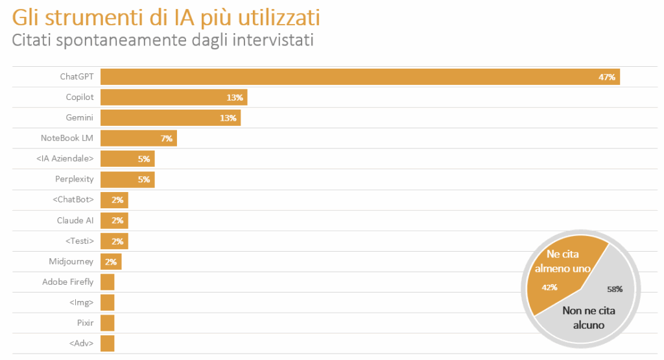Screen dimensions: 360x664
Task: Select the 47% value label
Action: pyautogui.click(x=607, y=77)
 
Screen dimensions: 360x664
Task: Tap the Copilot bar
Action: pyautogui.click(x=174, y=97)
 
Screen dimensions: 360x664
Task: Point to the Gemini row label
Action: pyautogui.click(x=80, y=118)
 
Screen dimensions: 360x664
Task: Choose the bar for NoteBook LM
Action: pyautogui.click(x=138, y=138)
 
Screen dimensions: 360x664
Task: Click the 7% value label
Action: pyautogui.click(x=167, y=139)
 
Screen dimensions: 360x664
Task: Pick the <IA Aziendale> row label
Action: pyautogui.click(x=65, y=159)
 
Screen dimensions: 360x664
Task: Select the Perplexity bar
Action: pyautogui.click(x=127, y=179)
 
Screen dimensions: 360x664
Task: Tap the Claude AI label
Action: pyautogui.click(x=75, y=221)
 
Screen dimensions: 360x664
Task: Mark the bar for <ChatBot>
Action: pyautogui.click(x=114, y=200)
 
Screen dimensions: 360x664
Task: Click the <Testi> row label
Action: pyautogui.click(x=80, y=241)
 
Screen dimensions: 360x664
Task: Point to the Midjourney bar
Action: pyautogui.click(x=111, y=261)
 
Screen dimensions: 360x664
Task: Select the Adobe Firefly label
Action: pyautogui.click(x=68, y=282)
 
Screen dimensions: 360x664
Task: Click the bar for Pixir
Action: pyautogui.click(x=108, y=323)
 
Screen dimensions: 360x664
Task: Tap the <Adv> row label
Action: pyautogui.click(x=81, y=343)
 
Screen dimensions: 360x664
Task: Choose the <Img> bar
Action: pyautogui.click(x=108, y=302)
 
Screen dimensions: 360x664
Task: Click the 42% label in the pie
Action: pyautogui.click(x=549, y=287)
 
